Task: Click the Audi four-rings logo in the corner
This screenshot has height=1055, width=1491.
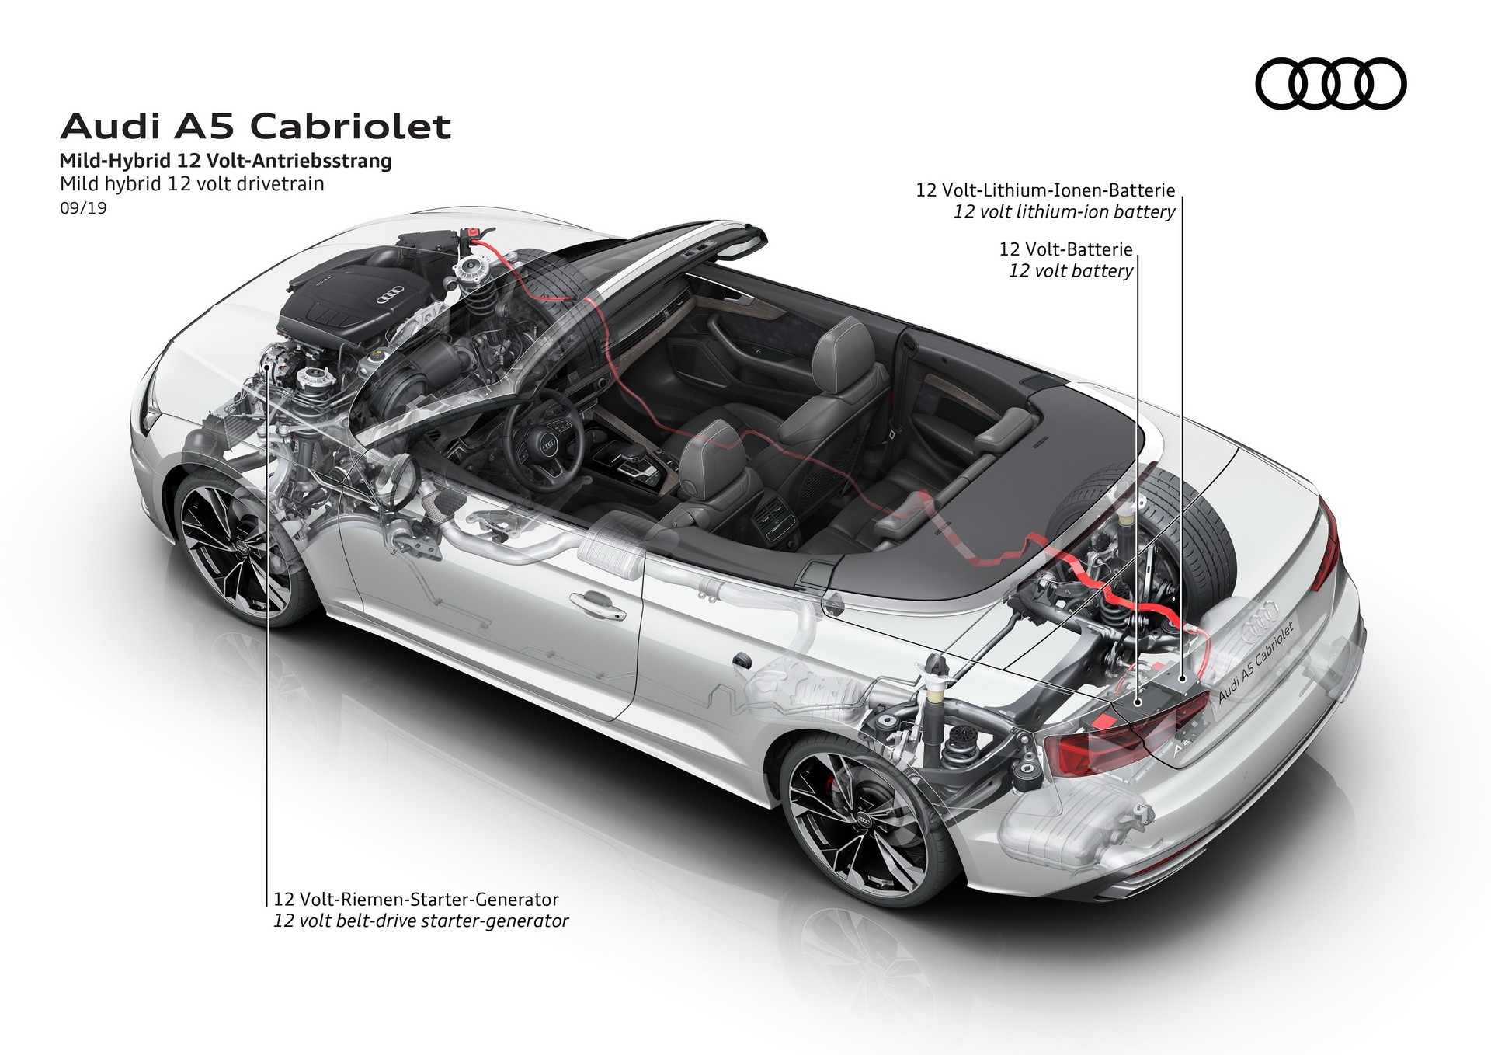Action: (1330, 84)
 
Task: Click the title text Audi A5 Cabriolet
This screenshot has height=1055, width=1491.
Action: (255, 127)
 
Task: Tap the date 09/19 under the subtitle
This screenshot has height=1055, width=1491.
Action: (83, 208)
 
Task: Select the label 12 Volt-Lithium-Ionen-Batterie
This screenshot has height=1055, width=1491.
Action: (1044, 190)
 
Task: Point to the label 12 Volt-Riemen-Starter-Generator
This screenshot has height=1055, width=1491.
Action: (415, 900)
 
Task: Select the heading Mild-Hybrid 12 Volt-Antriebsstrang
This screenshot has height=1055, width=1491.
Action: (225, 161)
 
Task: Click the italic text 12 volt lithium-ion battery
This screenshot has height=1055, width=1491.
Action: (1064, 211)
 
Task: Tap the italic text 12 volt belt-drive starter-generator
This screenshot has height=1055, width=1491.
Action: (421, 921)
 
